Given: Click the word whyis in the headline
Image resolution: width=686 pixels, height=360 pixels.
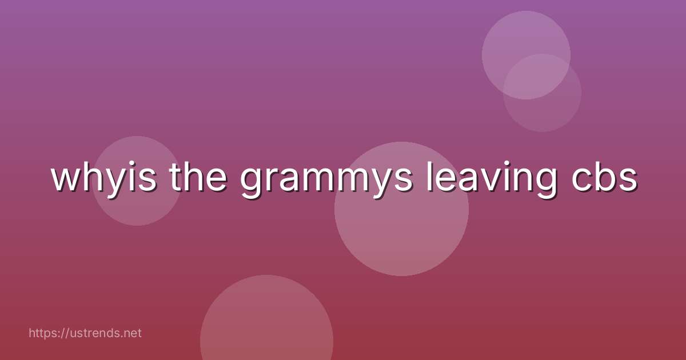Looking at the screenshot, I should (103, 178).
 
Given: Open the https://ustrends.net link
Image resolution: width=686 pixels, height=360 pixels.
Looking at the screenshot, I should (85, 333).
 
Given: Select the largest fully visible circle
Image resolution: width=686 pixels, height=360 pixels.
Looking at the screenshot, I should (401, 229).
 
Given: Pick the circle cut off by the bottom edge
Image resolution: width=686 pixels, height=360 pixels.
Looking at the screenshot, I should (266, 326).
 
